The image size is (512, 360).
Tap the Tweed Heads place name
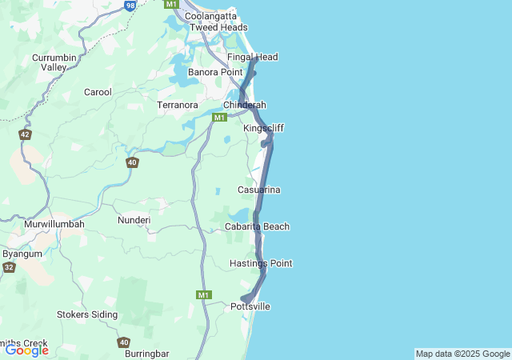point(218,27)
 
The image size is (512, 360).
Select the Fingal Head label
point(252,58)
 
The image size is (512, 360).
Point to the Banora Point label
point(214,72)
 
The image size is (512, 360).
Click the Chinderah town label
point(244,106)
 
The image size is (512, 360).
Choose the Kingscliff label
point(263,128)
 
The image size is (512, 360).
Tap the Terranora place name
point(178,105)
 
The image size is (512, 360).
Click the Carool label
point(98,92)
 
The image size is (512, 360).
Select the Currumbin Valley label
point(54,62)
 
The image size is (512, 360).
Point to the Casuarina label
point(258,190)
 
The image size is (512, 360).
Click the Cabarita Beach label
point(257,226)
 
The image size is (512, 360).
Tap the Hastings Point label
point(261,263)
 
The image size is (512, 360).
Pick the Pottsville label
point(250,306)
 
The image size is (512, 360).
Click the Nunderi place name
point(134,219)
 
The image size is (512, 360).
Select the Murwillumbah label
point(54,224)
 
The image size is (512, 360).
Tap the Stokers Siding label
point(87,314)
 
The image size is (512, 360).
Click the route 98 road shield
point(130,5)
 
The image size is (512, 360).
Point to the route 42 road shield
point(26,134)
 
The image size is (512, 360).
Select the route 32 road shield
point(9,267)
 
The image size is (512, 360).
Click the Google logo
point(27,350)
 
